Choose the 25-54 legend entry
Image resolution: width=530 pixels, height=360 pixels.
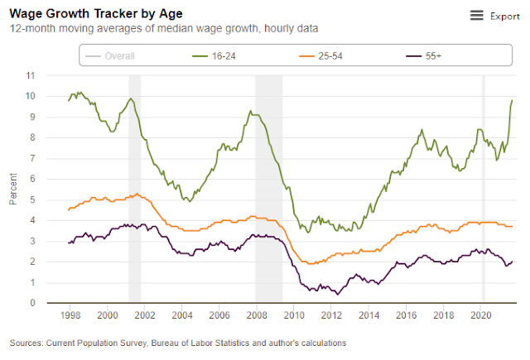pyautogui.click(x=326, y=56)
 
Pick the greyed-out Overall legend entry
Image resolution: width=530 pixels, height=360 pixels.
pyautogui.click(x=119, y=56)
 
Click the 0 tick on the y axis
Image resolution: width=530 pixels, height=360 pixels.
pyautogui.click(x=55, y=303)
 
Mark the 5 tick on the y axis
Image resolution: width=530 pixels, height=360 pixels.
pyautogui.click(x=55, y=199)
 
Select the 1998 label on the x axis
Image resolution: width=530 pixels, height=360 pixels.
pyautogui.click(x=70, y=315)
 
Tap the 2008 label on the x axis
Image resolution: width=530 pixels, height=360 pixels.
pyautogui.click(x=257, y=315)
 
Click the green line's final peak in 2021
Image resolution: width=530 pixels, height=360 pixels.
pyautogui.click(x=512, y=100)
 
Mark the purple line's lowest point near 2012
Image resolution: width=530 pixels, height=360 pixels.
pyautogui.click(x=337, y=294)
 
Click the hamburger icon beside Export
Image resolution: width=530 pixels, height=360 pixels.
pyautogui.click(x=476, y=16)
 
